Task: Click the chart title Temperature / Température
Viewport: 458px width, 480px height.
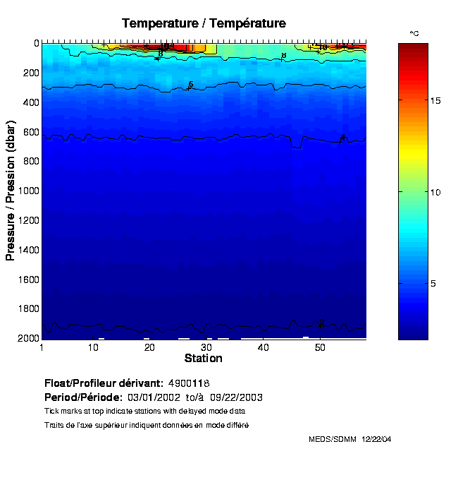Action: pos(204,23)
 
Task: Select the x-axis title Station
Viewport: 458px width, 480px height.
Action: pos(204,359)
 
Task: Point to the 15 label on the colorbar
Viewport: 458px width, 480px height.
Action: pos(435,101)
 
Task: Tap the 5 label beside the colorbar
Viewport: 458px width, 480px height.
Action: pos(433,283)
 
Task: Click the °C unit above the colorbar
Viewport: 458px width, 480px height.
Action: pos(414,34)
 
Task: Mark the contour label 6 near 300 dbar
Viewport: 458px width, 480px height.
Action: pos(190,85)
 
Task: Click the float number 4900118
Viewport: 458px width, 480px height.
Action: pos(190,383)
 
